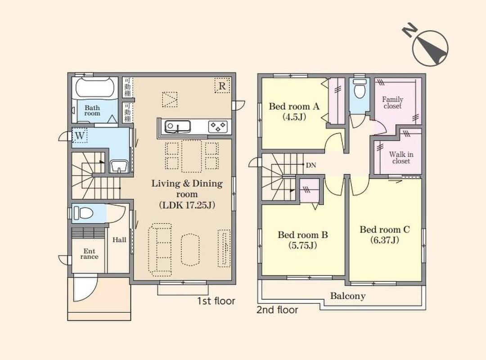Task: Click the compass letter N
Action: [x=409, y=29]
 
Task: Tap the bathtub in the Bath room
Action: [x=95, y=87]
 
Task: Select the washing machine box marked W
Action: [x=80, y=135]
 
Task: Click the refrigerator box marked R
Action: [x=222, y=85]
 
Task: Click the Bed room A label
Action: [x=294, y=107]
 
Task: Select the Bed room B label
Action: [x=303, y=235]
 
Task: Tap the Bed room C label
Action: [x=385, y=229]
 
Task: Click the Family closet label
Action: [x=392, y=103]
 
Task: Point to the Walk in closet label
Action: [x=401, y=157]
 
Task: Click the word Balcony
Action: [x=348, y=296]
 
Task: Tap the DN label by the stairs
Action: [x=311, y=165]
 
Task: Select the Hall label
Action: [x=119, y=240]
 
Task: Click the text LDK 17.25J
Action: [x=187, y=205]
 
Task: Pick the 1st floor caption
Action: [x=216, y=301]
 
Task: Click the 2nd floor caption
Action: [x=277, y=310]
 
